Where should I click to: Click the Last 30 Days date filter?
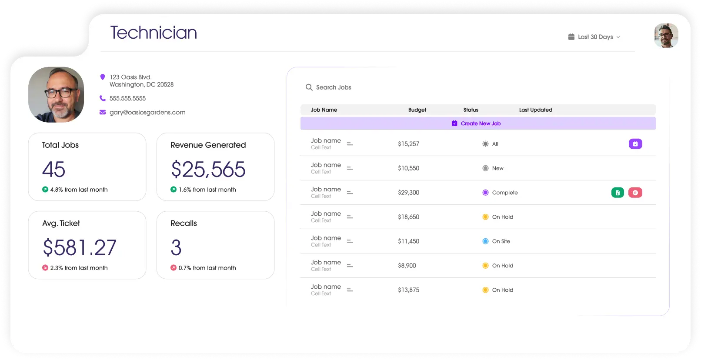click(594, 37)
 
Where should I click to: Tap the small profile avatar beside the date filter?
click(666, 35)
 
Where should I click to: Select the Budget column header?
click(417, 110)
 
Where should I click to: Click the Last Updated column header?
click(535, 110)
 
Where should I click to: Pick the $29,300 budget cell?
click(408, 193)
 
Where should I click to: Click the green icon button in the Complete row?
click(618, 193)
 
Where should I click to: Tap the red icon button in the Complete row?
click(635, 193)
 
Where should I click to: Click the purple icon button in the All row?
click(635, 144)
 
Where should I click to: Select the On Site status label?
click(501, 241)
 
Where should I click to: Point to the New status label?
click(497, 168)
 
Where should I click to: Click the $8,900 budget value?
click(407, 266)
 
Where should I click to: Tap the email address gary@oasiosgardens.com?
click(147, 112)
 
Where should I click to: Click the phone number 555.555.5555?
click(127, 99)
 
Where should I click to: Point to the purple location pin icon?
click(102, 77)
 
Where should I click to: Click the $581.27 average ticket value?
click(80, 247)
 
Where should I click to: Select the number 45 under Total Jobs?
click(53, 169)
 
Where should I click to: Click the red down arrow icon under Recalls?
click(174, 268)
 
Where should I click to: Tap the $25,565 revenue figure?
click(208, 169)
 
